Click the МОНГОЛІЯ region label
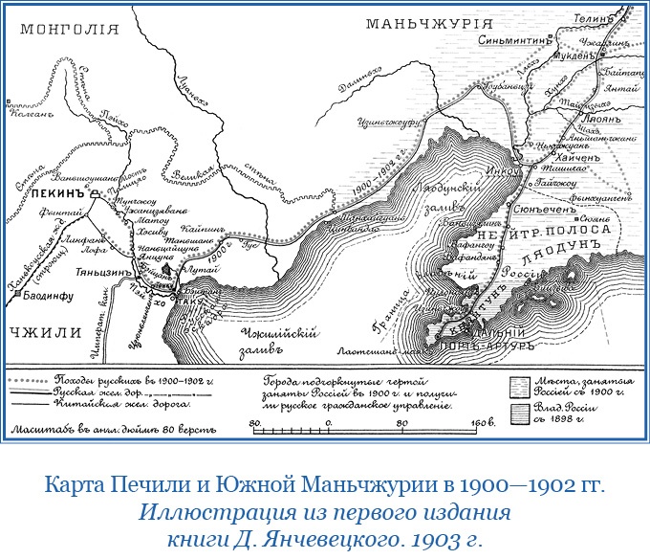click(65, 30)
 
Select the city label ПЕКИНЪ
click(59, 192)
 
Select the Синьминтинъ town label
click(516, 41)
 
